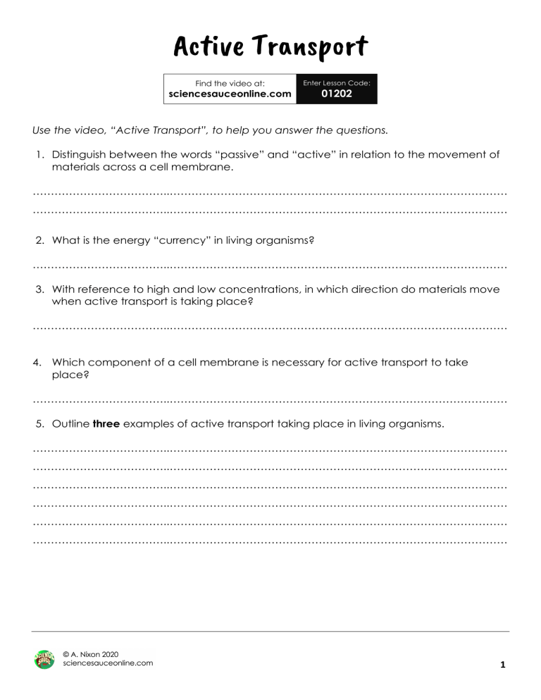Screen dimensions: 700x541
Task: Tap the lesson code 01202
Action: click(337, 94)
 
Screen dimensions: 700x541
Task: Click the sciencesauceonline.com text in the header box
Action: click(230, 94)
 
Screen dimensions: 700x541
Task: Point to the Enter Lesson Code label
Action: click(337, 82)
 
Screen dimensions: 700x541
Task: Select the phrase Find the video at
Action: click(230, 82)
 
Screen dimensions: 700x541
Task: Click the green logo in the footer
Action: click(44, 659)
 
